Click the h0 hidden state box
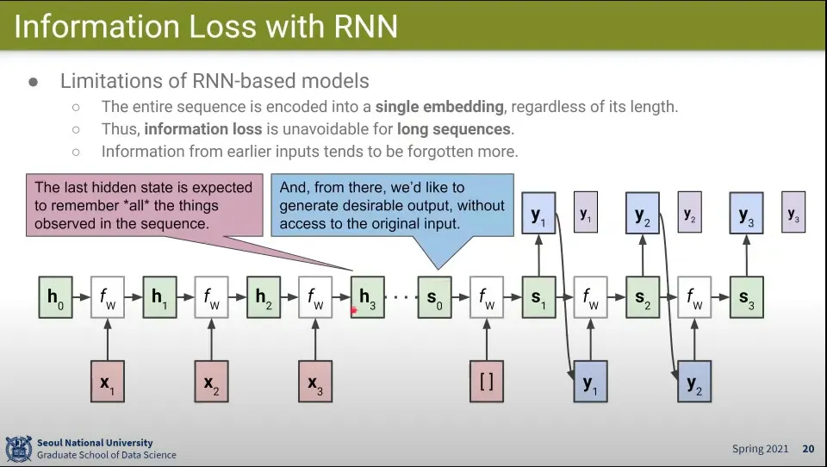point(55,297)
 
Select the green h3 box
point(368,297)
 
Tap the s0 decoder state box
point(434,297)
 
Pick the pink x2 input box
point(212,382)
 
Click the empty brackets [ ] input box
point(486,382)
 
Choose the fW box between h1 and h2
point(212,297)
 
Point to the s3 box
point(746,297)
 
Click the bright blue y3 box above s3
point(746,213)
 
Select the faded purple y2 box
point(689,212)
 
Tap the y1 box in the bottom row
point(590,382)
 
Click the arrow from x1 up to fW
point(108,339)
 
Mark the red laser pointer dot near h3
point(353,310)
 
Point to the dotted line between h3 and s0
point(401,297)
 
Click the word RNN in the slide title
point(366,27)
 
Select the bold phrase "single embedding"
point(439,107)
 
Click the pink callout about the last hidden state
point(144,205)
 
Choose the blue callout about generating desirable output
point(393,205)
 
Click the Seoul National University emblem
point(18,449)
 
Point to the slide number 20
point(808,449)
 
